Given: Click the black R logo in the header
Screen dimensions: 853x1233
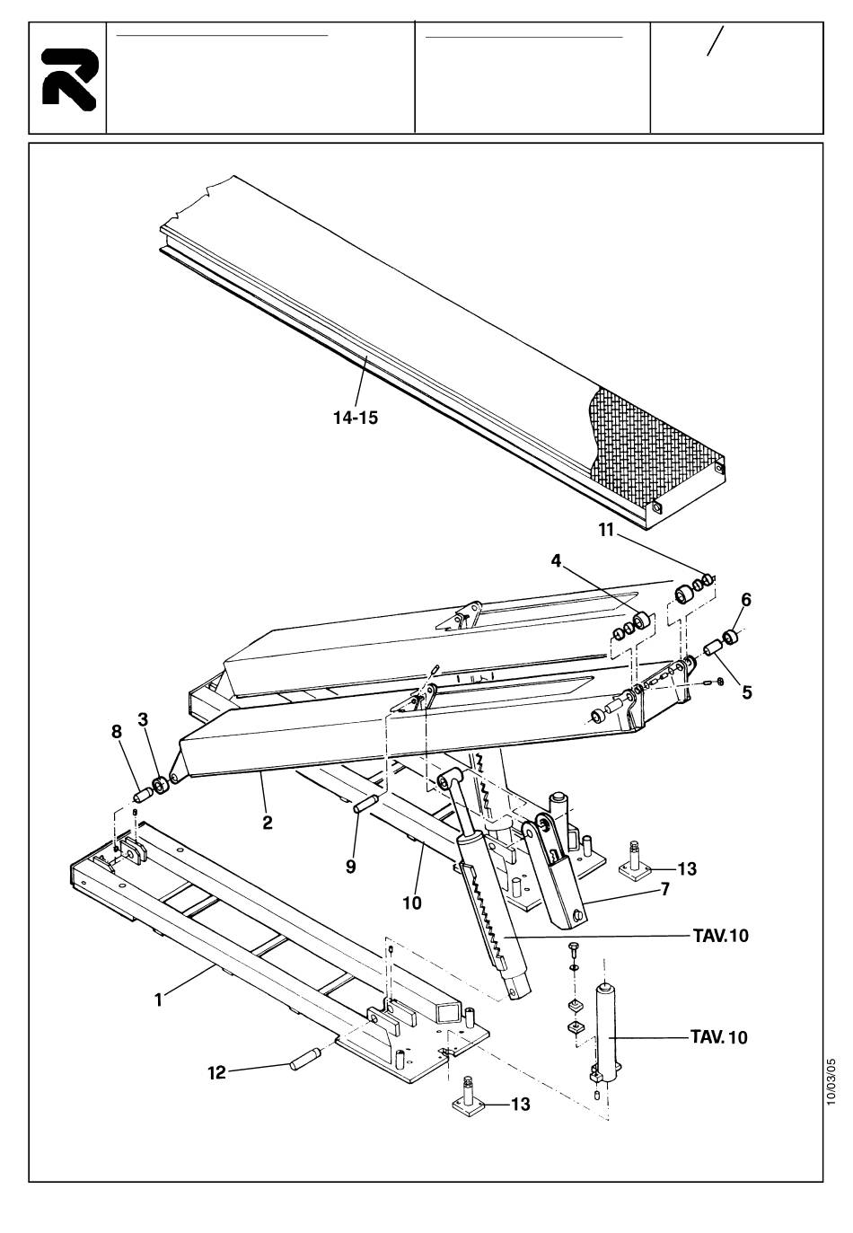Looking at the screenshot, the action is point(69,79).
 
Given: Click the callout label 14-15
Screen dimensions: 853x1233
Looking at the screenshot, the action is point(356,418).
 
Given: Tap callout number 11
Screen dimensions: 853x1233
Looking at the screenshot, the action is point(606,531).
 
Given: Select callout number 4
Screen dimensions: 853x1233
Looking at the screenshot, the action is point(557,561).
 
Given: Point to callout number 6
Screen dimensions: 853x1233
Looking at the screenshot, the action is point(745,599).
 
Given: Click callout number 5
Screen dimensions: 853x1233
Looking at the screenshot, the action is point(746,691).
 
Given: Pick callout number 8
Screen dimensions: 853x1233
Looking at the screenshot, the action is point(117,732).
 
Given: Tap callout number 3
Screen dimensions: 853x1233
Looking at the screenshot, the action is point(143,719).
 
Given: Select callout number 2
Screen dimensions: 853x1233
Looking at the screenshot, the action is point(268,823).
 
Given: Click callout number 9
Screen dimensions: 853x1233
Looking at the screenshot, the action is point(350,867).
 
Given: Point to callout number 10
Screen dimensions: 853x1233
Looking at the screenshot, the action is point(412,903).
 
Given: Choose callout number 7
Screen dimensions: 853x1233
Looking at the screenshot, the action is point(664,889).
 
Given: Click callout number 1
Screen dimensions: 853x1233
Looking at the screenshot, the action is point(159,999).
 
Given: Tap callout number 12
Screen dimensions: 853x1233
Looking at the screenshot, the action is point(216,1073).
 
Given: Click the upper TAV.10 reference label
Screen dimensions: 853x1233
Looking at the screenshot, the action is point(721,936).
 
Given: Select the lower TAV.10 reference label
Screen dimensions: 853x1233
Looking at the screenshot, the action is point(720,1037).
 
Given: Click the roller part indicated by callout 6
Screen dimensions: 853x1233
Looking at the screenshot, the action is point(730,637).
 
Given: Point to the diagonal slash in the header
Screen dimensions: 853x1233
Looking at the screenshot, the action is point(716,40).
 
